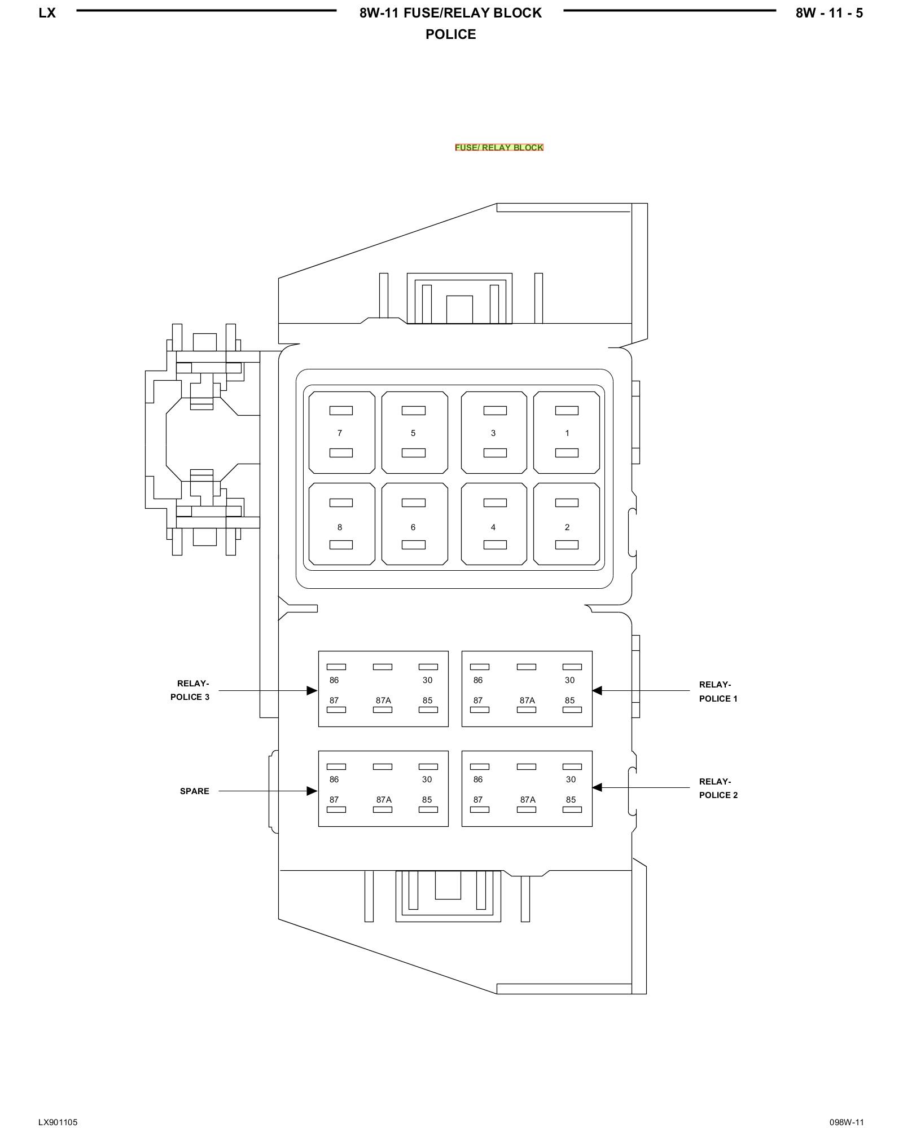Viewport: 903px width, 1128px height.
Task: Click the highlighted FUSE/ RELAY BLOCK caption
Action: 499,148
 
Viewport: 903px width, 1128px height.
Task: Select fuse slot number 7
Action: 341,433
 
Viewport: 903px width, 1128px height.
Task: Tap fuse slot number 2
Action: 567,524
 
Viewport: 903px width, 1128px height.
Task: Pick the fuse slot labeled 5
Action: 414,433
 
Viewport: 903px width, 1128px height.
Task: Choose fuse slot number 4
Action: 494,524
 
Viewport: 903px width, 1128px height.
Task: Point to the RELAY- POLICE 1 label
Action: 718,691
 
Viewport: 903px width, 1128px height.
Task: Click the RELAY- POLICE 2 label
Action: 718,788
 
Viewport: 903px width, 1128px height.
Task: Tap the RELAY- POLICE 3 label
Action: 190,690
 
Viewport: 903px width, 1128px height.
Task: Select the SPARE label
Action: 194,791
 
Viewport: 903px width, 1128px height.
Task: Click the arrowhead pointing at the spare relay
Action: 312,791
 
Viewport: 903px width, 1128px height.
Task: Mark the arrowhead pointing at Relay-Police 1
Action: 597,690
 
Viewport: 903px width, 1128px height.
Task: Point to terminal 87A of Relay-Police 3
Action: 383,700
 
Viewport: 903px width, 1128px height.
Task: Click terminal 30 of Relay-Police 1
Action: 570,680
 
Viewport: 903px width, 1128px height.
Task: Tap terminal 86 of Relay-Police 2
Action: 478,779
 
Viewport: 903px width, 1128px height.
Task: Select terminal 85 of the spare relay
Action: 427,800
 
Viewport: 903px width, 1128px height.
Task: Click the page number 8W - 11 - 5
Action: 829,13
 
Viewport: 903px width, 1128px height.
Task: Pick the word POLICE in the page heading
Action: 450,34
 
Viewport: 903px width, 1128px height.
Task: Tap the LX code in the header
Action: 47,13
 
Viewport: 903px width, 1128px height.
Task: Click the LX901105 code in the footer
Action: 58,1107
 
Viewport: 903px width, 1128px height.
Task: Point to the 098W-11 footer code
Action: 846,1107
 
